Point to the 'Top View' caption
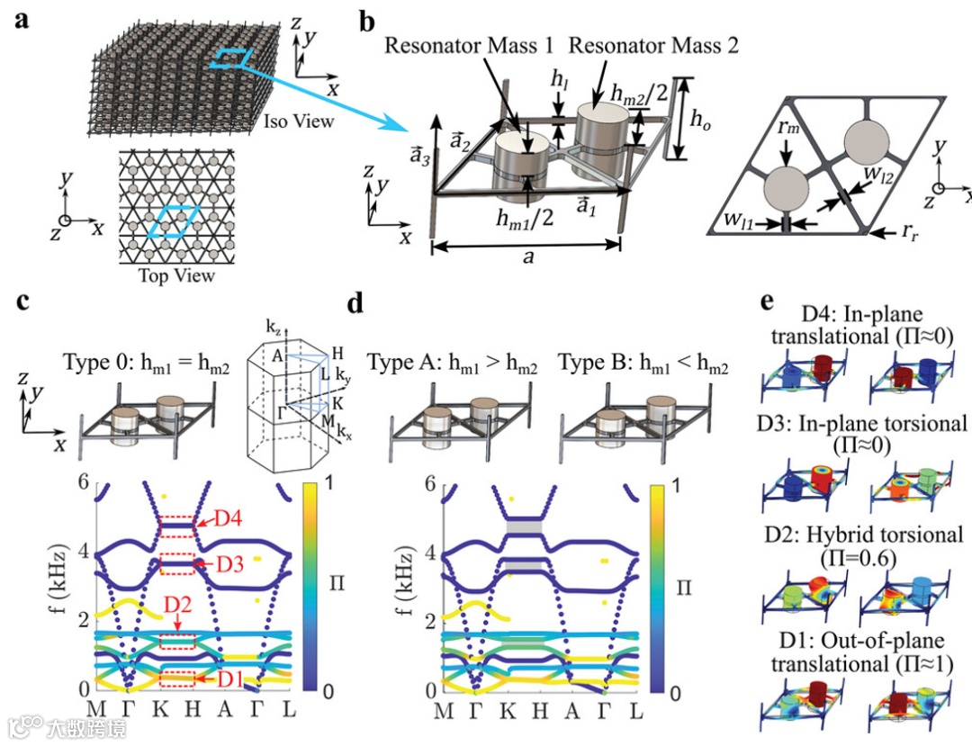[177, 275]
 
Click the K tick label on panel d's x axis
[508, 713]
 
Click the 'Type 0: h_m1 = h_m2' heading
[146, 364]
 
